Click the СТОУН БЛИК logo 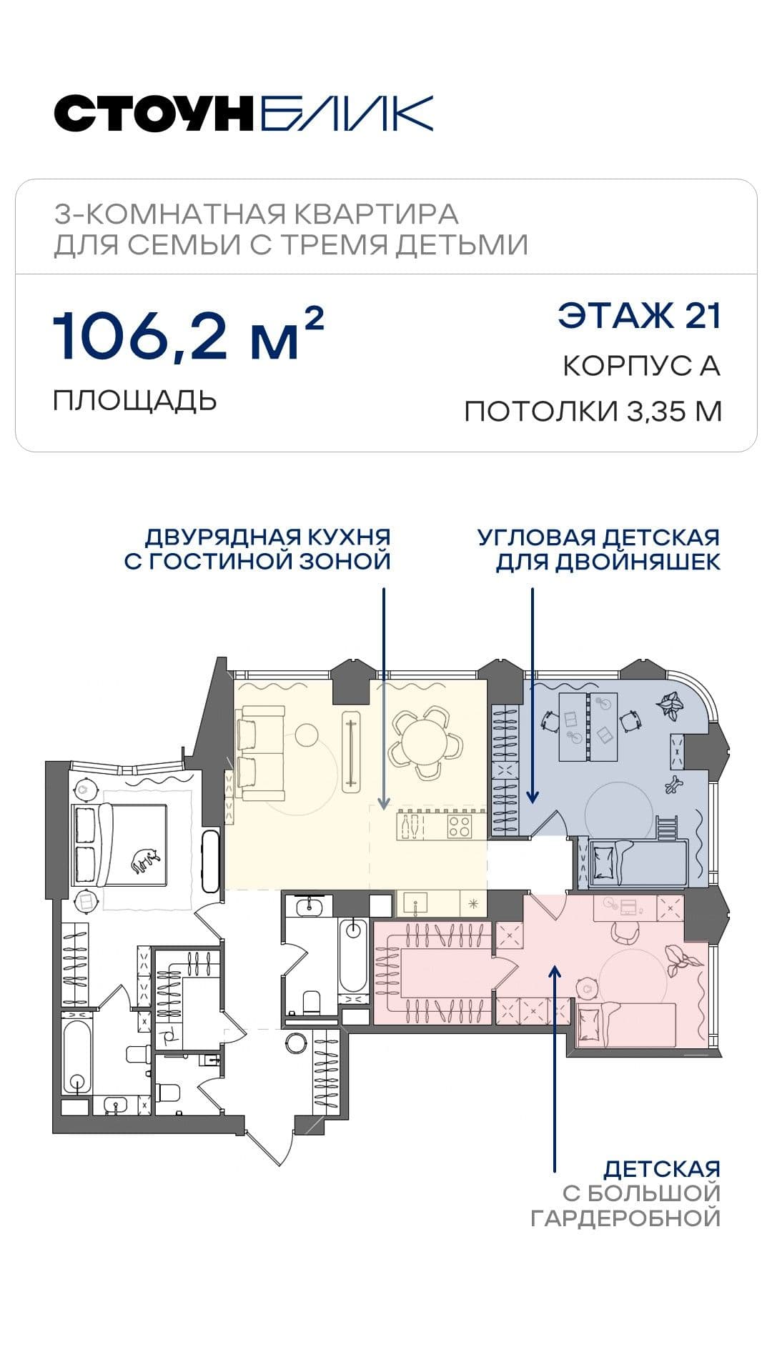click(x=244, y=114)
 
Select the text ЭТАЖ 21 click(x=640, y=316)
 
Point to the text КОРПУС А click(x=641, y=366)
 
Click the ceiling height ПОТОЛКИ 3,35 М click(x=593, y=412)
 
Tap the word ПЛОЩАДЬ click(x=134, y=400)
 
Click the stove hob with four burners click(x=460, y=827)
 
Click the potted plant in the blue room click(x=671, y=704)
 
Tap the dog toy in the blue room click(x=673, y=784)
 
